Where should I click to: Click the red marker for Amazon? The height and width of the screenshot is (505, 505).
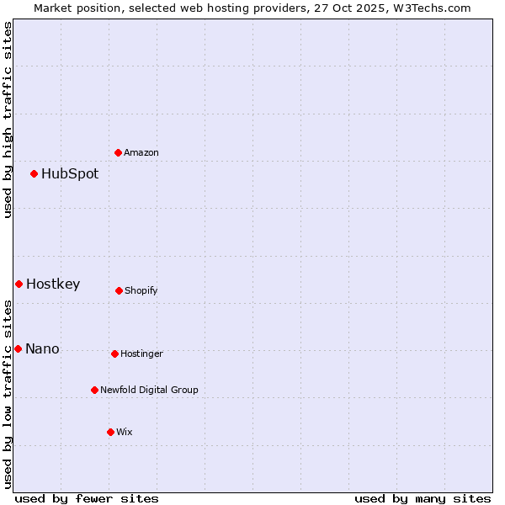tap(119, 152)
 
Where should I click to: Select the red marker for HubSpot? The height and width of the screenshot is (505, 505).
tap(35, 173)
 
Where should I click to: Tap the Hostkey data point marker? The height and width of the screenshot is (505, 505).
tap(19, 284)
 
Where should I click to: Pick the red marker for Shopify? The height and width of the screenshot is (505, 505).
tap(119, 290)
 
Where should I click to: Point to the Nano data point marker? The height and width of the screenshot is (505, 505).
tap(18, 348)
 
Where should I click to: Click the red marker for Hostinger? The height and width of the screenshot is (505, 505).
tap(114, 353)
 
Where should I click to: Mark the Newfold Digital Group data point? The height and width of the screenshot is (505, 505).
tap(94, 390)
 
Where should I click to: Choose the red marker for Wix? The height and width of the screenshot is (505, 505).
tap(110, 432)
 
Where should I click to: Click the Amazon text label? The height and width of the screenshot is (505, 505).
tap(141, 152)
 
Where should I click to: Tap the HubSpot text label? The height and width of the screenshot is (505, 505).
tap(70, 174)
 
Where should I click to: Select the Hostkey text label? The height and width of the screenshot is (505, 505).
tap(53, 284)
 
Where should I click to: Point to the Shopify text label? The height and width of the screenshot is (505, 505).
tap(141, 290)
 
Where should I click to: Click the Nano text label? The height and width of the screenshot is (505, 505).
tap(42, 349)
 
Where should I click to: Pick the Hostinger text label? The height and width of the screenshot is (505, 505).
tap(141, 353)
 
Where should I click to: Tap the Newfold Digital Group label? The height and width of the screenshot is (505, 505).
tap(149, 390)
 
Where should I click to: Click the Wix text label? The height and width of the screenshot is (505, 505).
tap(125, 432)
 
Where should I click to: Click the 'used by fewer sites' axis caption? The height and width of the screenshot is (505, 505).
tap(87, 498)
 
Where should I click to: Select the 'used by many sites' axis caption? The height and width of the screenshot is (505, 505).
tap(423, 498)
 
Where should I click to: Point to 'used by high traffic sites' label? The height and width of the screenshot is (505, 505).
tap(8, 120)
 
